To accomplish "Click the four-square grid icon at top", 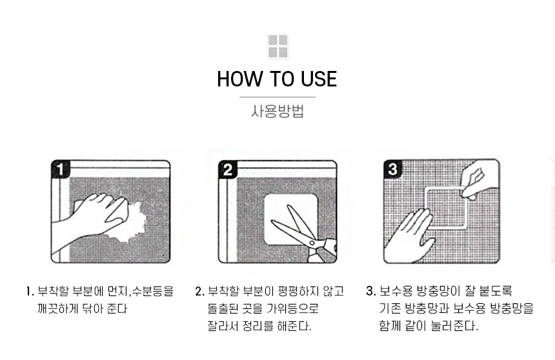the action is coord(277,46).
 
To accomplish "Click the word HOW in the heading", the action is coord(239,79).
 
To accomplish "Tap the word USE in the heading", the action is coord(319,79).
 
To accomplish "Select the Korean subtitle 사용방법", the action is coord(277,111).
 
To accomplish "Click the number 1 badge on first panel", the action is coord(60,169).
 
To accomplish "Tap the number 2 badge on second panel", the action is coord(228,169).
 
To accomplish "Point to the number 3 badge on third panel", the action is coord(392,168).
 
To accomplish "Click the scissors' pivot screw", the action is coord(312,243).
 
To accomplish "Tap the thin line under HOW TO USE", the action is coord(277,97).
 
